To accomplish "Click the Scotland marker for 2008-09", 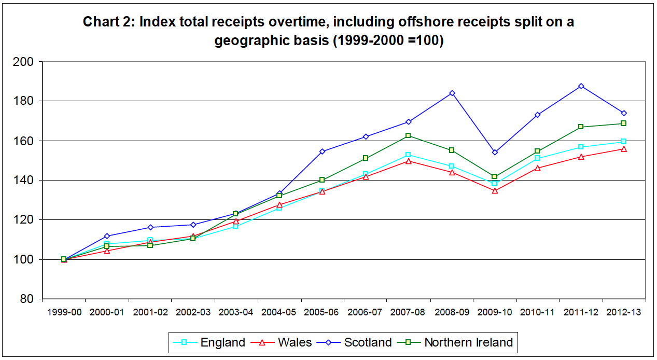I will (452, 93).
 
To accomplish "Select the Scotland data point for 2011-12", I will (581, 86).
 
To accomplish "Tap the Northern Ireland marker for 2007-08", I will (408, 136).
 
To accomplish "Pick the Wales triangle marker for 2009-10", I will (495, 191).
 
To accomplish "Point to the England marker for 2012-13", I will (624, 142).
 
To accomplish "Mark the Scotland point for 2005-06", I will (322, 151).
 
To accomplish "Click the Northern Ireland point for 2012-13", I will (624, 123).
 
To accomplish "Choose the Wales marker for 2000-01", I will (107, 251).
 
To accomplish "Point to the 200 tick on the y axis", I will (26, 62).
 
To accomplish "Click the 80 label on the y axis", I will (29, 299).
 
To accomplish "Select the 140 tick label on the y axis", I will (26, 181).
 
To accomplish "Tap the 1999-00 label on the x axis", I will (64, 312).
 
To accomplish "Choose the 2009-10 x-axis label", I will (495, 312).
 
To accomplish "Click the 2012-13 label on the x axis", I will (624, 312).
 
